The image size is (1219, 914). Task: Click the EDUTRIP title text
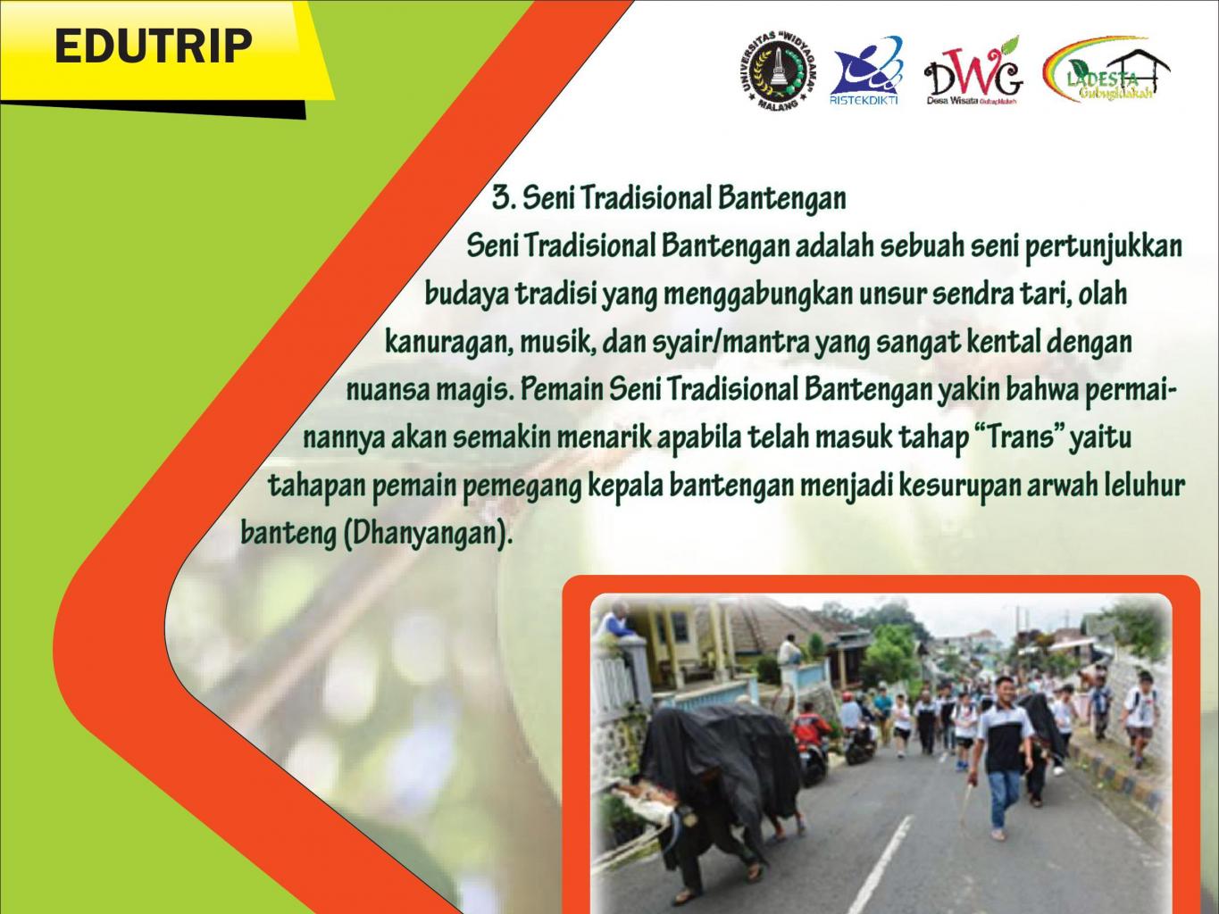(154, 46)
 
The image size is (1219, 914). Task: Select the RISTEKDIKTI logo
(864, 71)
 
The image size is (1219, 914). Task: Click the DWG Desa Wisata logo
(973, 71)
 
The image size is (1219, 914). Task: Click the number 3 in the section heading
(502, 198)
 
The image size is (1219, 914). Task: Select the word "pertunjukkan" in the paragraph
(1103, 247)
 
